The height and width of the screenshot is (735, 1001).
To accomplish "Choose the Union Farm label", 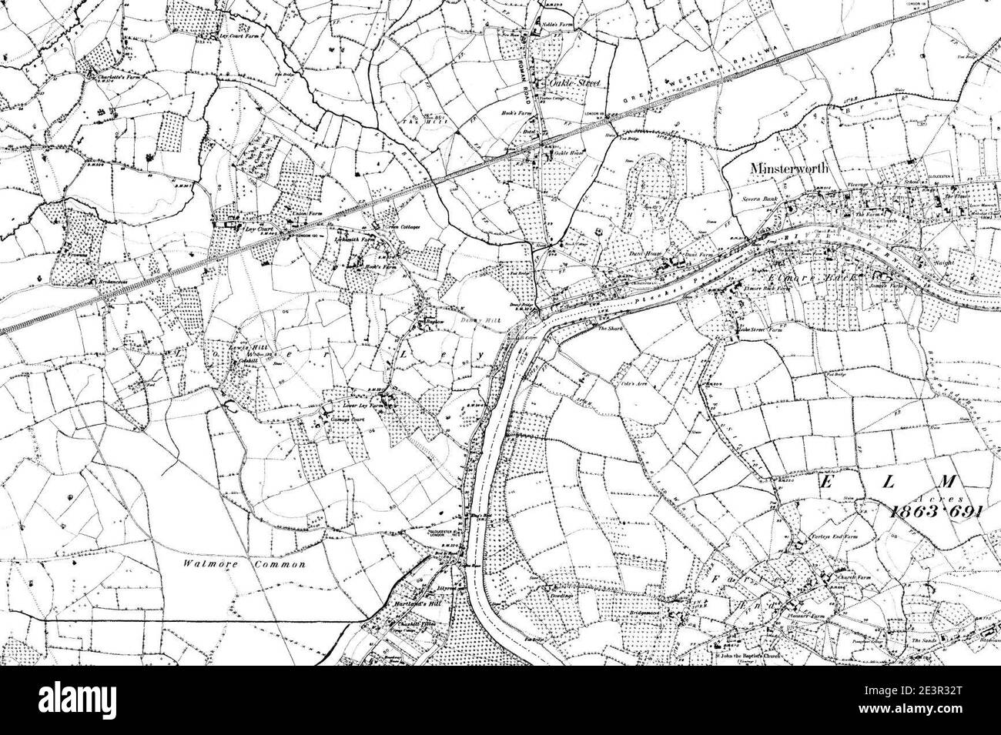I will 306,218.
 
